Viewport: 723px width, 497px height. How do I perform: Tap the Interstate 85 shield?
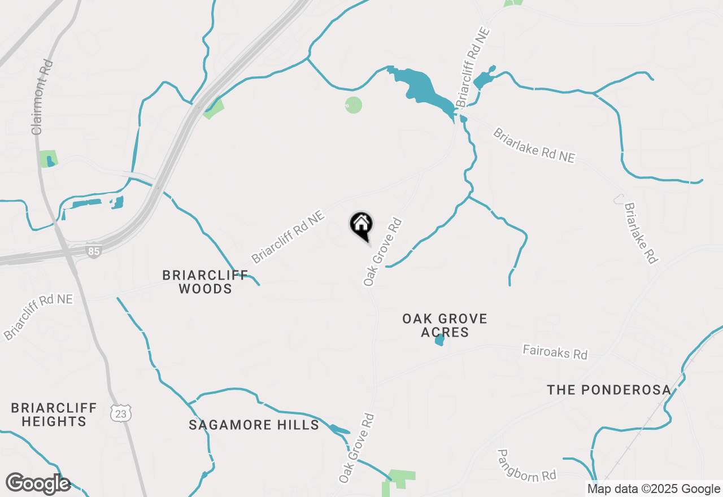(x=94, y=251)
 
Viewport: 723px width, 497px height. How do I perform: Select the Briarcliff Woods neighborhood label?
(x=204, y=282)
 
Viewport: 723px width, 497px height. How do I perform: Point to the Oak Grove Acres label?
(x=445, y=325)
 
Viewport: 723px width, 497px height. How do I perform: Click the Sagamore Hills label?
(x=254, y=425)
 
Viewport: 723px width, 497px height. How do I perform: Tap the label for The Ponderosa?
(x=609, y=390)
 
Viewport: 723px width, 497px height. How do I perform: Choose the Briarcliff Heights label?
(x=54, y=415)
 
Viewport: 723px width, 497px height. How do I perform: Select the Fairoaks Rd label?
(x=555, y=352)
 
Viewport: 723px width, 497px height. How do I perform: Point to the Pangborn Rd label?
(x=526, y=466)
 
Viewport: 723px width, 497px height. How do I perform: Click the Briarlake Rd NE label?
(x=534, y=146)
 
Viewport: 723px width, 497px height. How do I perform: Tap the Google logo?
(x=38, y=484)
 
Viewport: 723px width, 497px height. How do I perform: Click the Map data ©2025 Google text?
(x=654, y=489)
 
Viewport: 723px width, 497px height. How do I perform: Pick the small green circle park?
(x=353, y=104)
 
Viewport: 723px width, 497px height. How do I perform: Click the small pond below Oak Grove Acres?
(x=439, y=340)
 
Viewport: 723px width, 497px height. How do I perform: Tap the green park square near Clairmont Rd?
(x=49, y=159)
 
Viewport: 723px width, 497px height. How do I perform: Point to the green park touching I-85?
(x=214, y=108)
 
